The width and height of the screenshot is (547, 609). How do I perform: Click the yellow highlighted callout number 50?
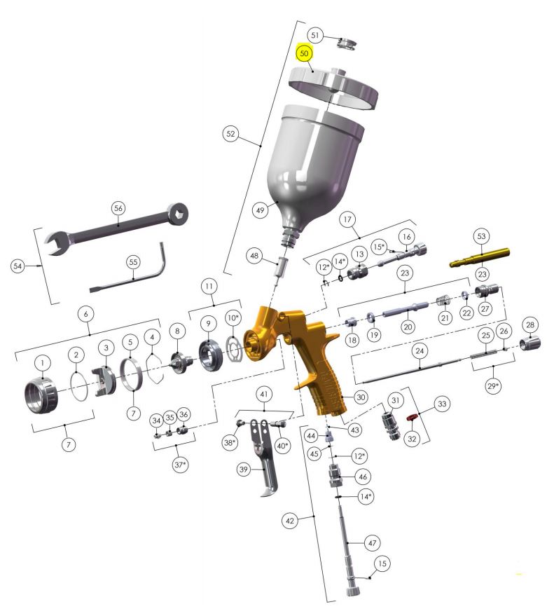pos(304,53)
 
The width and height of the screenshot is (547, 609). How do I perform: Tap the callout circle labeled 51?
pos(315,35)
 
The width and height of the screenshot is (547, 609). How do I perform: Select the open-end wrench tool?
pos(116,228)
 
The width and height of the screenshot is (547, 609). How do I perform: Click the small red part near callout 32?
pos(410,418)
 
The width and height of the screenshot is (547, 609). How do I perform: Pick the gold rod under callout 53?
pos(479,257)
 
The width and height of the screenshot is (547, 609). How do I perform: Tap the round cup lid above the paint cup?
pos(334,87)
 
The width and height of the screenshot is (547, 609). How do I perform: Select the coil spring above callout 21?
pos(443,301)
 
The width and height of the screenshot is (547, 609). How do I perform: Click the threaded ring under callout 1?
pos(41,395)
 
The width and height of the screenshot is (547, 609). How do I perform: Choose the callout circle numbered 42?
pos(290,521)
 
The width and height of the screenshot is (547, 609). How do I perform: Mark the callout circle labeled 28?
pos(530,324)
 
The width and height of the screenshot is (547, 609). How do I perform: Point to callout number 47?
pos(372,542)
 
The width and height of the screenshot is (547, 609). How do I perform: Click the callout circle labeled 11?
pos(209,286)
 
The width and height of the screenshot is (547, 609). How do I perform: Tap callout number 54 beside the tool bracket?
pos(18,266)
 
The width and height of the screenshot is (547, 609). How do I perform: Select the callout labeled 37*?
pos(180,464)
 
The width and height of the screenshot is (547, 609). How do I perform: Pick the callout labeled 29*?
pos(492,386)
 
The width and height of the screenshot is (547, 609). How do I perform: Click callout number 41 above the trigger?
pos(264,395)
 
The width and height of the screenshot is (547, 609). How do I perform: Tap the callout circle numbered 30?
pos(361,397)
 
